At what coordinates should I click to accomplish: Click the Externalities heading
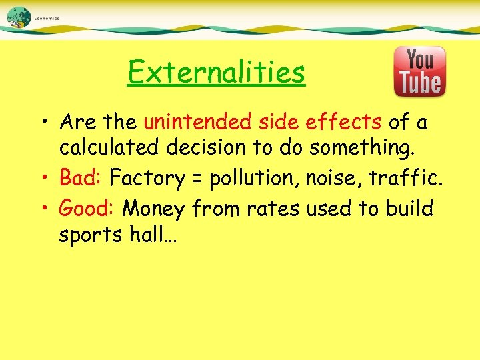216,72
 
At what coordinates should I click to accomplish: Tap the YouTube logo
419,71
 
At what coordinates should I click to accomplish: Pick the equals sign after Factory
197,179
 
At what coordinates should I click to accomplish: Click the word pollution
249,179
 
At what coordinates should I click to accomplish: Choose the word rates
273,209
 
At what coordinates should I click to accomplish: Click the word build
409,209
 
